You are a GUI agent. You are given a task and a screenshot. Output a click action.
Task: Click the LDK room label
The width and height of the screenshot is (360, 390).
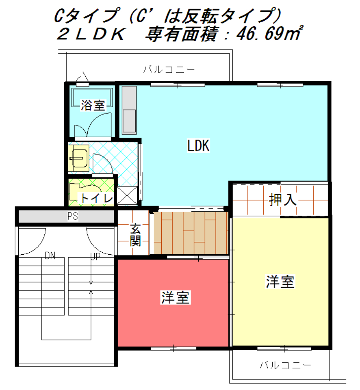coord(198,145)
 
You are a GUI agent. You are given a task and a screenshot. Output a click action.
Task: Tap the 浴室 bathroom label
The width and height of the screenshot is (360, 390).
coord(93,105)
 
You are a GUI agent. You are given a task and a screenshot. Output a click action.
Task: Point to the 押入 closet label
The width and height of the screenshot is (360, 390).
coord(283,199)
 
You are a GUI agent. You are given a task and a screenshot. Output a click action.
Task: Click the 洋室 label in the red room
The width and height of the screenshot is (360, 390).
coord(175,297)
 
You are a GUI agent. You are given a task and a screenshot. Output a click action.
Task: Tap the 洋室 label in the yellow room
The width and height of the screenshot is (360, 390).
coord(280,282)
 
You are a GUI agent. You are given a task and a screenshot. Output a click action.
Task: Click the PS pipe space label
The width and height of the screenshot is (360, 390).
coord(73,216)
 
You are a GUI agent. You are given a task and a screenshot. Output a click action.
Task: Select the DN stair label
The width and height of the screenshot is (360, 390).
coord(50,255)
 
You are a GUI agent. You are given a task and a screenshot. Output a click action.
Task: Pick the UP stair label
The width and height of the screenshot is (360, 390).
coord(95,257)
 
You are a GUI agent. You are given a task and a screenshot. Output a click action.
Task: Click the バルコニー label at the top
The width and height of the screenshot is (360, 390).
coord(169,69)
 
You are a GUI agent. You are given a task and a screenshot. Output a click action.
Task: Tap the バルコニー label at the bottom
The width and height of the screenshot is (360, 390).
coord(285,365)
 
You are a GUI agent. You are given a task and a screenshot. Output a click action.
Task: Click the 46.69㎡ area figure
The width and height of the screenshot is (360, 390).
coord(270,33)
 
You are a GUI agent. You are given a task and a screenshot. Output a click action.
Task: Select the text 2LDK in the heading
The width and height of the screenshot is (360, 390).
coord(91,34)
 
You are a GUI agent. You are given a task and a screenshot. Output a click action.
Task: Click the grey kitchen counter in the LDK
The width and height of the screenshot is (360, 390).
coord(129,110)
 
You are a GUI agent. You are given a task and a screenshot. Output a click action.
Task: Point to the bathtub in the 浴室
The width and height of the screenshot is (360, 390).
coord(92,97)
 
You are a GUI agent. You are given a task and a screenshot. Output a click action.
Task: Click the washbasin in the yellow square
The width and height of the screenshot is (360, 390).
coord(79,158)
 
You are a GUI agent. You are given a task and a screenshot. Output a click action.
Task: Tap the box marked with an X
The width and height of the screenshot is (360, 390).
coord(127,195)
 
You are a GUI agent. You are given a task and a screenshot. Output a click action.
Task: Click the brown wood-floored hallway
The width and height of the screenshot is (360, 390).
coord(191,233)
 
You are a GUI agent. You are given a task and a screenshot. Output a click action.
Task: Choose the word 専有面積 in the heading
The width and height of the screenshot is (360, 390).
coord(182,34)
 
